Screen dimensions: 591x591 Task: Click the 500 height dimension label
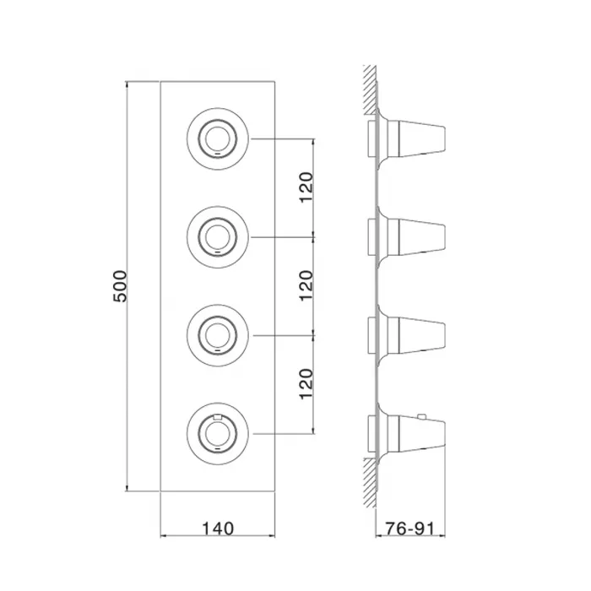coord(121,285)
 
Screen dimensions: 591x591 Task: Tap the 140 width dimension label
coord(218,528)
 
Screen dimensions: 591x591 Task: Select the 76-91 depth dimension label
coord(409,528)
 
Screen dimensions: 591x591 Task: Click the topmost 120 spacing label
coord(306,187)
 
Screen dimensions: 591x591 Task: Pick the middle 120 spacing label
coord(306,285)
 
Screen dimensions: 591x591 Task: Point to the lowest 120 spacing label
coord(306,383)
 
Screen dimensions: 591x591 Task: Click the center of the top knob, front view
coord(218,138)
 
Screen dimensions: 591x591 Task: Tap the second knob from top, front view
coord(218,237)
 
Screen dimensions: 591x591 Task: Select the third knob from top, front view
coord(218,335)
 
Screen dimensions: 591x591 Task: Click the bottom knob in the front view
coord(218,433)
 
